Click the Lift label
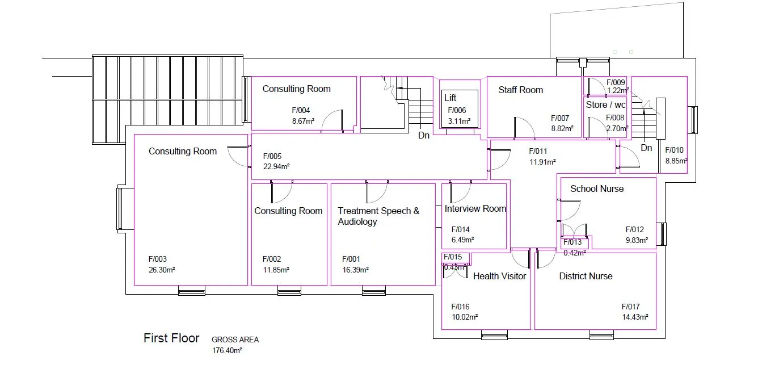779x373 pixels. (450, 98)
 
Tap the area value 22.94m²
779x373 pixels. (276, 167)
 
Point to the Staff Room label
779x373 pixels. (520, 90)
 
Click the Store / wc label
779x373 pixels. (605, 105)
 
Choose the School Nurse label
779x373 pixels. (596, 188)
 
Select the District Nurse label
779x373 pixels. (586, 276)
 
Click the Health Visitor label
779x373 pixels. (499, 276)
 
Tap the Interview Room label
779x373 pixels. (475, 208)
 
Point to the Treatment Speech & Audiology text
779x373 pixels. (378, 216)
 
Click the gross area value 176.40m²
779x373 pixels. (227, 351)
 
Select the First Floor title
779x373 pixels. (171, 338)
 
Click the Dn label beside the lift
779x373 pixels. (424, 136)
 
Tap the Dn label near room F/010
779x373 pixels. (646, 148)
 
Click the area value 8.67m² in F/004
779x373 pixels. (303, 121)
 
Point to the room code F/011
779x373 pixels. (538, 152)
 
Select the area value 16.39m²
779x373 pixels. (355, 270)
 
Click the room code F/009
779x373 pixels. (615, 83)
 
